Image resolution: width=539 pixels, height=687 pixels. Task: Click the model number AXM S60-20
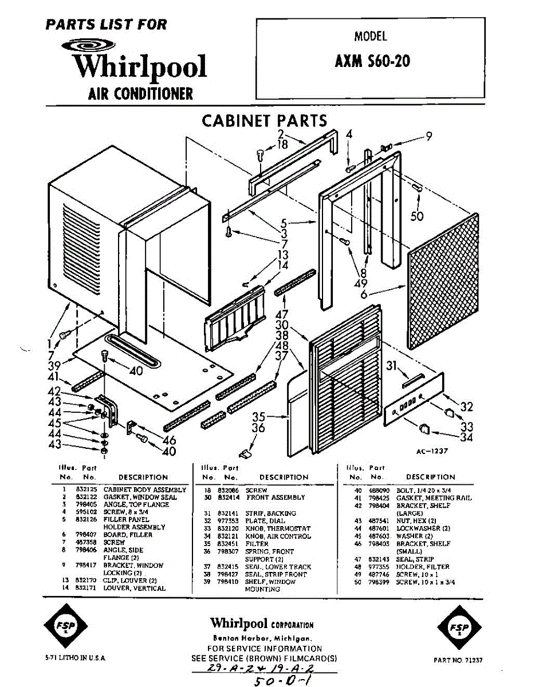[x=372, y=61]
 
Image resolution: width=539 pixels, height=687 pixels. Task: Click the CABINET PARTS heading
[x=264, y=121]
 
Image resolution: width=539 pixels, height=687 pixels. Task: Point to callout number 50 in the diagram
[x=418, y=216]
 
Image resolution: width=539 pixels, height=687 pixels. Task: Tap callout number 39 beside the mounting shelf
[x=54, y=366]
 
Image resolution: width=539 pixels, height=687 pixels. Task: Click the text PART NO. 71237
[x=458, y=660]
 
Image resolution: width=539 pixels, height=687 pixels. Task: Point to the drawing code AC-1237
[x=432, y=451]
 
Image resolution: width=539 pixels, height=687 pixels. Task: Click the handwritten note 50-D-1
[x=281, y=680]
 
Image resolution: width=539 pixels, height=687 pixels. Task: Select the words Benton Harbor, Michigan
[x=262, y=638]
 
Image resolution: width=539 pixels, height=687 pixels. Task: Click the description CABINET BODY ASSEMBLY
[x=144, y=490]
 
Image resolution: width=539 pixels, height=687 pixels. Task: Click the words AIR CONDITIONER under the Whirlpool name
[x=140, y=93]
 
